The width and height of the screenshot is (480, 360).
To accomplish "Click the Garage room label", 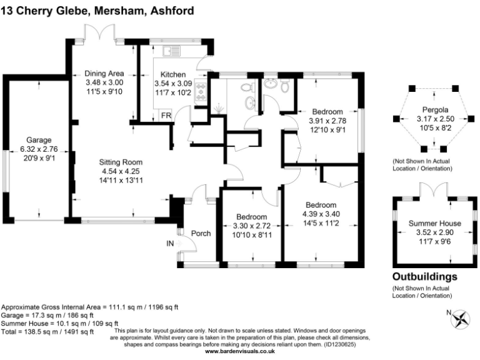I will (39, 139).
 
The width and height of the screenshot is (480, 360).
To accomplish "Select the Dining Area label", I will (104, 72).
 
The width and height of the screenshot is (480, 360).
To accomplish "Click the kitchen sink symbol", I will (172, 50).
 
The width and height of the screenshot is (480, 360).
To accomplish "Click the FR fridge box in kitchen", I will (166, 116).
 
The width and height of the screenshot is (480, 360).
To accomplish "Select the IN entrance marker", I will (170, 243).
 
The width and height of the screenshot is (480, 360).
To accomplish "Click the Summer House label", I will (435, 223).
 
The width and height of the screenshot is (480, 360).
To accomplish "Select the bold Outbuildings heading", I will (424, 276).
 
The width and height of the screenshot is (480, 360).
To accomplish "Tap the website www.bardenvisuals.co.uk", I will (240, 352).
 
